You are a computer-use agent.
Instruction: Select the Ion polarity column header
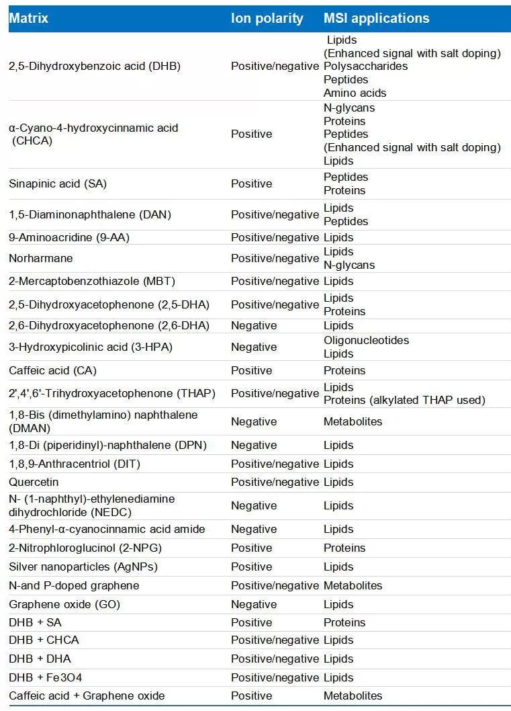click(267, 18)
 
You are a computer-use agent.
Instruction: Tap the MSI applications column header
click(376, 18)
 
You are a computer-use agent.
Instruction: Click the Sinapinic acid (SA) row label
click(58, 183)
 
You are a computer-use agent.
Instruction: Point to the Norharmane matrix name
click(41, 258)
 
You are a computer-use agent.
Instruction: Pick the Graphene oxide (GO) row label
click(64, 604)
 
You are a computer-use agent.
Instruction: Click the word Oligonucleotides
click(366, 340)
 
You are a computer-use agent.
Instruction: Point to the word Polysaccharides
click(365, 66)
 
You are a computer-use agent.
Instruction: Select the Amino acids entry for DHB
click(355, 93)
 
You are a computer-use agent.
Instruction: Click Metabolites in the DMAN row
click(353, 421)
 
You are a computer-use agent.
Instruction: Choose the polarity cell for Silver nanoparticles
click(251, 567)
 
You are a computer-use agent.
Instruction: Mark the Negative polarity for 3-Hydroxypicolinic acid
click(254, 347)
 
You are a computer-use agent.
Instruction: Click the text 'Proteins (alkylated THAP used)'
click(404, 400)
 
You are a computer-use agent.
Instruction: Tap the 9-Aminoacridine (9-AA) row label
click(69, 237)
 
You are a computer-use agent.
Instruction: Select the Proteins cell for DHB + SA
click(344, 622)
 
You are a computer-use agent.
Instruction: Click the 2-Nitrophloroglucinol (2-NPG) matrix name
click(85, 548)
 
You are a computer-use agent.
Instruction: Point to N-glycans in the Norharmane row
click(349, 265)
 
